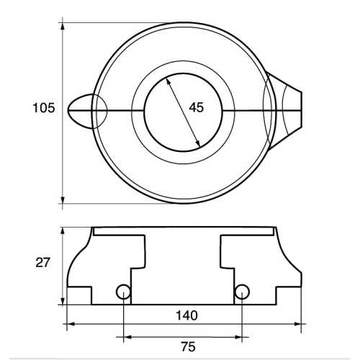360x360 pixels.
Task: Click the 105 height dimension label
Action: click(x=44, y=109)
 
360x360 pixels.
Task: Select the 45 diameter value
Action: click(x=196, y=107)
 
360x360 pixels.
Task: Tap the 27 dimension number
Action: click(x=42, y=263)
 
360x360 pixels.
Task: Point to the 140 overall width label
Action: click(x=186, y=315)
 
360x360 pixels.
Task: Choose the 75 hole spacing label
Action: click(x=186, y=347)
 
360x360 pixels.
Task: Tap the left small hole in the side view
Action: click(x=124, y=291)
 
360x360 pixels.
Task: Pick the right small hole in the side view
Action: click(x=243, y=291)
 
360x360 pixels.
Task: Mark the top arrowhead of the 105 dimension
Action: click(x=63, y=27)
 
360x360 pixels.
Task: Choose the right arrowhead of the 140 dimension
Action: click(x=297, y=325)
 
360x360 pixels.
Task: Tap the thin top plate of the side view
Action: click(x=184, y=231)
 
